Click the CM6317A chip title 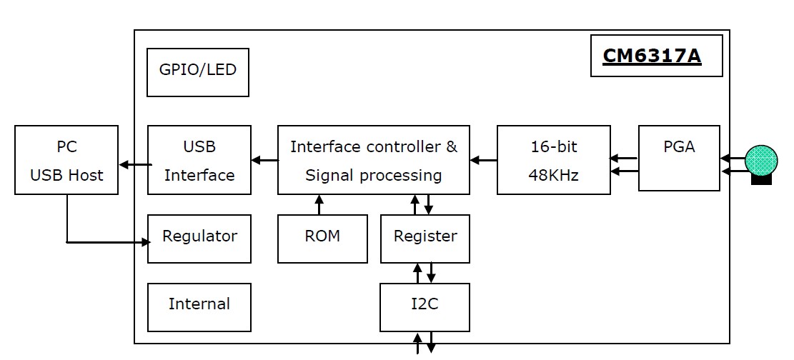pyautogui.click(x=652, y=55)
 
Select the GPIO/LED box pyautogui.click(x=197, y=72)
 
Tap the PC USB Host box pyautogui.click(x=66, y=160)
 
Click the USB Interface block pyautogui.click(x=199, y=160)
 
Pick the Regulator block pyautogui.click(x=199, y=239)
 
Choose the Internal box pyautogui.click(x=199, y=307)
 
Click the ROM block pyautogui.click(x=322, y=239)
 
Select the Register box pyautogui.click(x=425, y=239)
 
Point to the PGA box pyautogui.click(x=679, y=159)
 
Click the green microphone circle pyautogui.click(x=761, y=161)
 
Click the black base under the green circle pyautogui.click(x=761, y=179)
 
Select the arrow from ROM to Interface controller pyautogui.click(x=319, y=204)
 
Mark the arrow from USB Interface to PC pyautogui.click(x=135, y=164)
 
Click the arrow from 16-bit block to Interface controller pyautogui.click(x=484, y=161)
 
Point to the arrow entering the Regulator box pyautogui.click(x=109, y=242)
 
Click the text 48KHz pyautogui.click(x=553, y=175)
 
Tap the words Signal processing pyautogui.click(x=374, y=175)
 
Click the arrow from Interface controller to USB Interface pyautogui.click(x=265, y=161)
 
